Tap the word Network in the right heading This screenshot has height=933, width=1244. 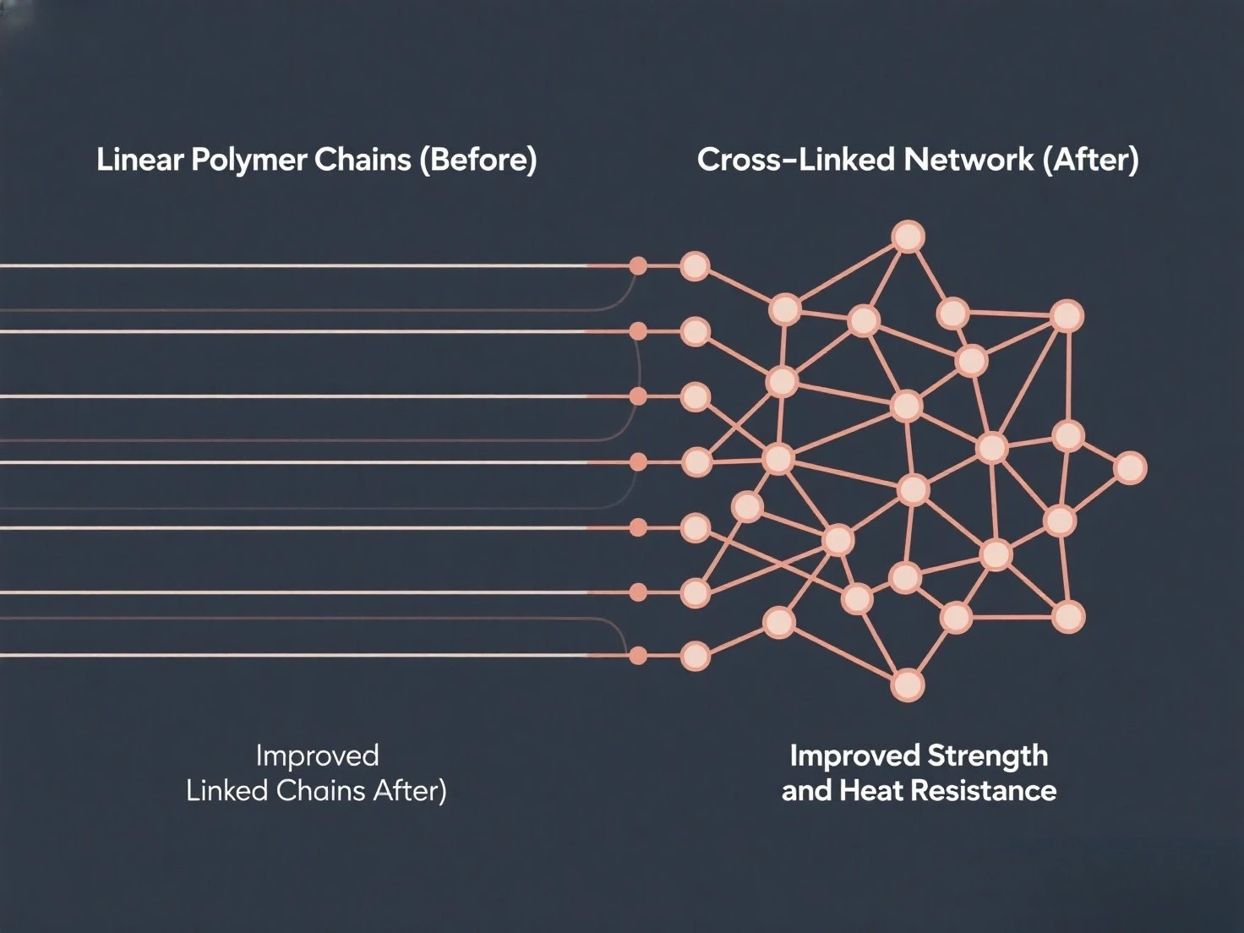click(x=968, y=160)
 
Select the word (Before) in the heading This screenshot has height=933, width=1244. click(x=478, y=160)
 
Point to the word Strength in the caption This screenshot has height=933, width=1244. click(x=987, y=756)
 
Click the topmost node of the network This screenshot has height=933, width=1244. click(x=908, y=237)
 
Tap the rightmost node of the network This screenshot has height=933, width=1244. click(x=1130, y=467)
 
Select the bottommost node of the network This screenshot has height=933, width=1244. click(x=908, y=685)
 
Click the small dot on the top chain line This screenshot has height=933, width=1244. click(x=639, y=266)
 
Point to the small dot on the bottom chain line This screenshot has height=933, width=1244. click(x=639, y=656)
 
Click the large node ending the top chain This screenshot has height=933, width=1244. click(x=695, y=266)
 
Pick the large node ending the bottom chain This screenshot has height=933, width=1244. click(x=695, y=656)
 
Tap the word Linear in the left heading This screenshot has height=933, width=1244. click(x=139, y=161)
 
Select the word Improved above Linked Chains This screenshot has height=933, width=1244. click(x=317, y=756)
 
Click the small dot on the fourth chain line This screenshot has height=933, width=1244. click(x=639, y=461)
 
